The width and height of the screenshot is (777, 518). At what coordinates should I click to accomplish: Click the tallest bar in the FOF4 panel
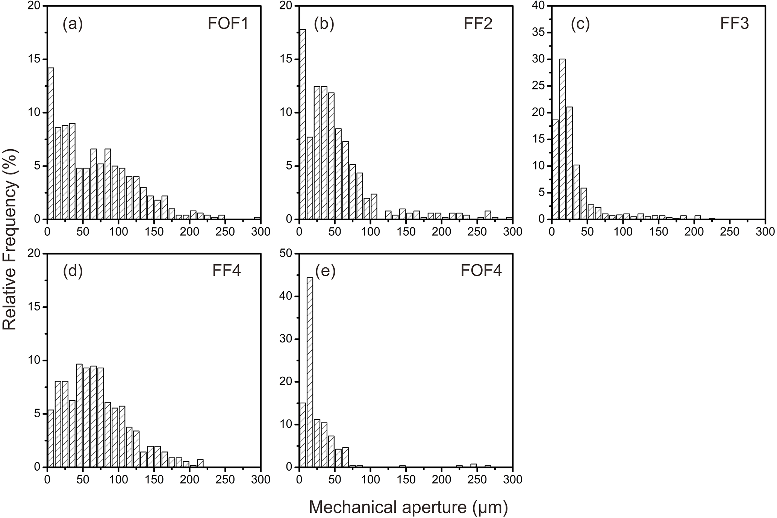pos(310,372)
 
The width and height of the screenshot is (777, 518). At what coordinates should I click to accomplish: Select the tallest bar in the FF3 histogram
pos(562,139)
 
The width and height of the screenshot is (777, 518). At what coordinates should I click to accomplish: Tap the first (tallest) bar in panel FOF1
pos(51,143)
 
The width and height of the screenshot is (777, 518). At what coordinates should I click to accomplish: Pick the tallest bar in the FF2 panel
pos(303,124)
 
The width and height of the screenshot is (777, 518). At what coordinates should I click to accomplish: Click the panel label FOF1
pos(228,24)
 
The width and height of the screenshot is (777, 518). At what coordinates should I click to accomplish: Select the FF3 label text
pos(735,24)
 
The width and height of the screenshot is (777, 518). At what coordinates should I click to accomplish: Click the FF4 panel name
pos(227,271)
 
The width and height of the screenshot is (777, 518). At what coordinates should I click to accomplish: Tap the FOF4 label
pos(481,271)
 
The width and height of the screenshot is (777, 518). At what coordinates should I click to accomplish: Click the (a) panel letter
pos(73,24)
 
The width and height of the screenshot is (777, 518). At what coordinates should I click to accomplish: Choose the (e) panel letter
pos(325,271)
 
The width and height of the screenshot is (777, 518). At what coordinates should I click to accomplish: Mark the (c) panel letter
pos(580,24)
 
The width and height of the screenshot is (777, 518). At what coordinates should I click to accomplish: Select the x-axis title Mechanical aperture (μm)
pos(408,507)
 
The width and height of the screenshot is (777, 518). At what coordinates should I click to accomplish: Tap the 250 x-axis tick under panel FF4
pos(225,479)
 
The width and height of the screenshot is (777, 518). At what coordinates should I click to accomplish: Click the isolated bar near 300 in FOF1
pos(257,218)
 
